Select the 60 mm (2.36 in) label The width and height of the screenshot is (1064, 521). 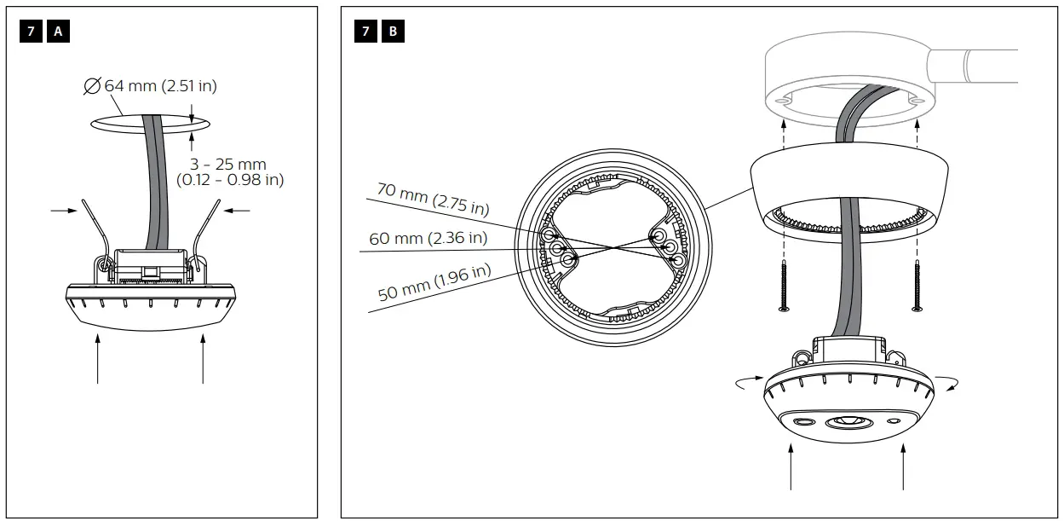(x=428, y=238)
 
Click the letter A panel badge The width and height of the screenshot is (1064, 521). (x=59, y=32)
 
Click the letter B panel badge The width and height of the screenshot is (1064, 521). (x=393, y=32)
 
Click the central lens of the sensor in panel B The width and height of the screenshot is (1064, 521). (x=848, y=422)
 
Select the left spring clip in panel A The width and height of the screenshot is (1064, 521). (x=96, y=234)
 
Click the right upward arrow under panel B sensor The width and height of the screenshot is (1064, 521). (x=903, y=469)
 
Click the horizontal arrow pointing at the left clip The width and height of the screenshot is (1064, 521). (x=63, y=210)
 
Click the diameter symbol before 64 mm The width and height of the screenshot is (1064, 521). (x=92, y=85)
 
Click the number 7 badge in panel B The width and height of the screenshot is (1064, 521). (x=366, y=32)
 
